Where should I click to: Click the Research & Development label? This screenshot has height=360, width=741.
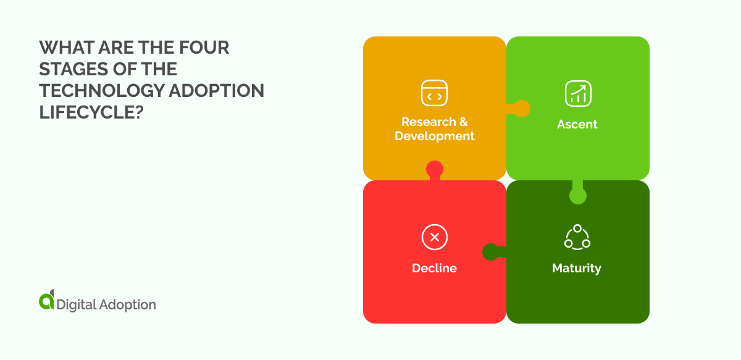click(435, 128)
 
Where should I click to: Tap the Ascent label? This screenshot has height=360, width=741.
click(577, 124)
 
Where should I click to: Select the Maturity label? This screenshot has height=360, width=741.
click(577, 268)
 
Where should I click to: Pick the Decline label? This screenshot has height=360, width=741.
click(435, 268)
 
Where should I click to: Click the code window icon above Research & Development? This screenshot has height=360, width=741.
click(435, 93)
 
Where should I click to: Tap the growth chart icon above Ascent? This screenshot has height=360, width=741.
click(578, 93)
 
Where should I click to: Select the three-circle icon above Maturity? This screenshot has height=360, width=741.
click(577, 237)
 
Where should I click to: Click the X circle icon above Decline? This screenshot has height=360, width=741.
click(435, 237)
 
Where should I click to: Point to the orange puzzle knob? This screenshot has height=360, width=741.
click(522, 109)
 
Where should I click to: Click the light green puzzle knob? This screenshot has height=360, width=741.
click(577, 196)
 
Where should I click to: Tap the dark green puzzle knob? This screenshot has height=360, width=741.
click(491, 252)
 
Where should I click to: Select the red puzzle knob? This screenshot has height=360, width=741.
click(435, 169)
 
